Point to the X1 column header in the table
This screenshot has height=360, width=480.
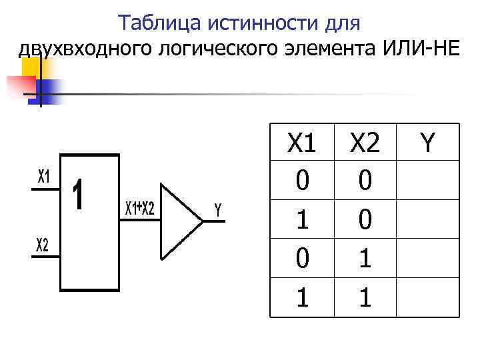(302, 142)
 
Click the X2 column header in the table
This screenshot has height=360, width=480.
(365, 142)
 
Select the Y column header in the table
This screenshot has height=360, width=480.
(427, 142)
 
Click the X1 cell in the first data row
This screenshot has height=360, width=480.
(302, 181)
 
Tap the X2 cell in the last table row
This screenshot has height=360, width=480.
(365, 297)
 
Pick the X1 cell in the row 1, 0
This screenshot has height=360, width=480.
(302, 219)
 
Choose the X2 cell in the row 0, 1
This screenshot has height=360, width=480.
(365, 258)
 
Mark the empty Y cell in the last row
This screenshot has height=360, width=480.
(427, 297)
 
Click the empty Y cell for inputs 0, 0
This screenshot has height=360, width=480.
(427, 181)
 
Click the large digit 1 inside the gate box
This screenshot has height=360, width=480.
(79, 195)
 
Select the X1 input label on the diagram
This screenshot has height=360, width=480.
(43, 177)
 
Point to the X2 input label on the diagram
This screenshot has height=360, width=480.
(42, 246)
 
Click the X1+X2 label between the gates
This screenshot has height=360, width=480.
(140, 209)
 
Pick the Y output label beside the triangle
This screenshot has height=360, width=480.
(217, 210)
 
